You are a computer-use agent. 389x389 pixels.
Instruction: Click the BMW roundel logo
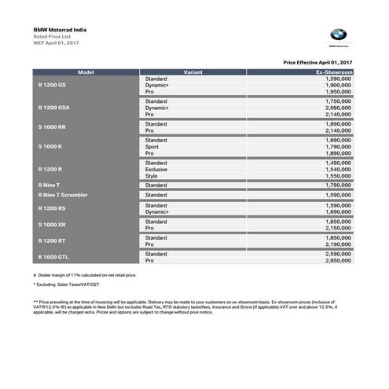point(337,35)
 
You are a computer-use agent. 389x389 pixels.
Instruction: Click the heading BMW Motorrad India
point(60,30)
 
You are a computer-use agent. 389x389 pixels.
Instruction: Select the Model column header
point(86,72)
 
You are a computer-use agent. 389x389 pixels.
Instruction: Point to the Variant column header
point(194,72)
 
